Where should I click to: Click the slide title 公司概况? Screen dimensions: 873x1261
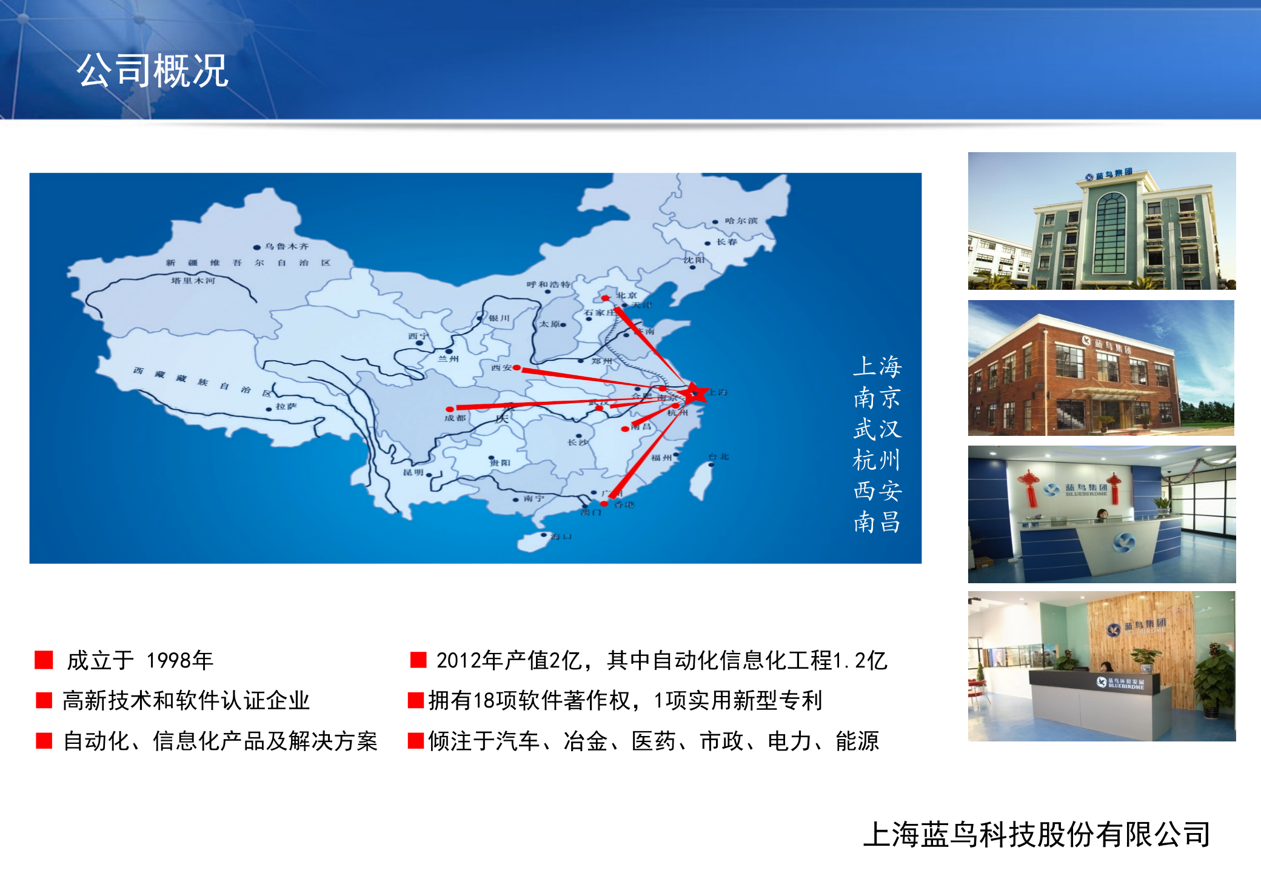tap(152, 71)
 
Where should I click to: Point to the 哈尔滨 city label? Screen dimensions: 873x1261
tap(741, 221)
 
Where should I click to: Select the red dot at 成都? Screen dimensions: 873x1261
tap(449, 409)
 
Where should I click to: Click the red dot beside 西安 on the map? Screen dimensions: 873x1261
tap(517, 367)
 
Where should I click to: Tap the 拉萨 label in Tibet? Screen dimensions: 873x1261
tap(286, 406)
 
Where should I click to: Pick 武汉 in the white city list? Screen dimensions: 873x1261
tap(877, 429)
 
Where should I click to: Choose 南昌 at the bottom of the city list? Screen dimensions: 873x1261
tap(877, 522)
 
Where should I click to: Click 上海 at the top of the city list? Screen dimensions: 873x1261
tap(877, 366)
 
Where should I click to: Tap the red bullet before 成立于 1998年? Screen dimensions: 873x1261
tap(44, 660)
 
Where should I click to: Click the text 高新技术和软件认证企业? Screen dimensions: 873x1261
tap(186, 700)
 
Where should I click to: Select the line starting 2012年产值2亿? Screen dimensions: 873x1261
tap(661, 660)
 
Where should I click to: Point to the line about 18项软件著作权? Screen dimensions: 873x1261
tap(624, 700)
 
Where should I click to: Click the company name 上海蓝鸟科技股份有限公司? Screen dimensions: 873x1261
tap(1037, 834)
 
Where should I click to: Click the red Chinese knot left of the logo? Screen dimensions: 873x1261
tap(1029, 487)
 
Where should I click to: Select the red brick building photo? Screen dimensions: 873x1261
tap(1101, 368)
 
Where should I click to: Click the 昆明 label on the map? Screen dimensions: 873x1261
tap(413, 472)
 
